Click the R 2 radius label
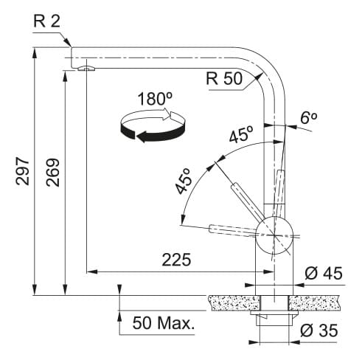coord(46,21)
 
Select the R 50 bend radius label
coord(224,79)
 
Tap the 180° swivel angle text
coord(155,99)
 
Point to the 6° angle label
coord(308,118)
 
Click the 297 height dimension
coord(23,171)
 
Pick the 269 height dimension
coord(53,173)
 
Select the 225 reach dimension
coord(176,260)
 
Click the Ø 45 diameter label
coord(324,273)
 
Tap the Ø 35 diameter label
coord(319,330)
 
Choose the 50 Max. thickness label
coord(164,323)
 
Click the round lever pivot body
coord(274,235)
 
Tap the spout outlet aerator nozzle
coord(86,69)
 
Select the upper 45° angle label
coord(241,134)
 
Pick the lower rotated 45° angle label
coord(184,181)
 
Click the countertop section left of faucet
coord(234,302)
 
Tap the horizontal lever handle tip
coord(209,229)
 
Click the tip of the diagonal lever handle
coord(234,186)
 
